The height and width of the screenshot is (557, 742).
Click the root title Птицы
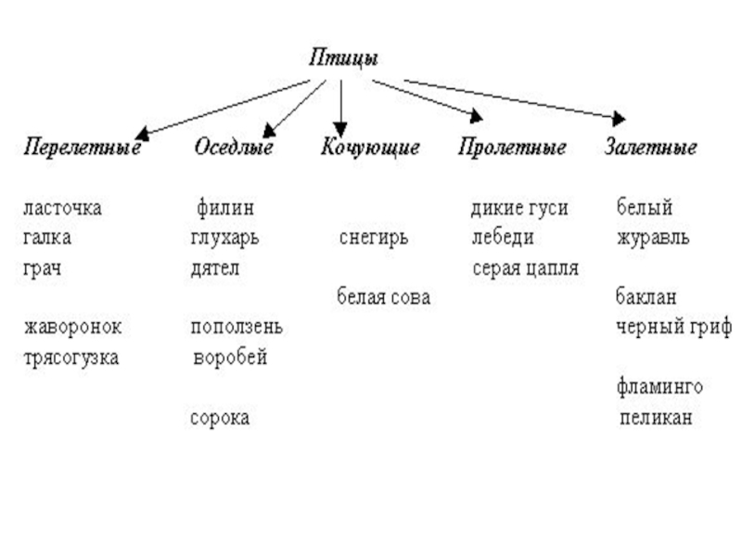(342, 58)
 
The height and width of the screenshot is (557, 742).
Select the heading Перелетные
(82, 148)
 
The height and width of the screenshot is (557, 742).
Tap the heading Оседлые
(234, 148)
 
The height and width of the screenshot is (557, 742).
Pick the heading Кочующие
(370, 148)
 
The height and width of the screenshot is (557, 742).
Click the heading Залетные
(651, 148)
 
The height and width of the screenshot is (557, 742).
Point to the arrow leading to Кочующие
(341, 104)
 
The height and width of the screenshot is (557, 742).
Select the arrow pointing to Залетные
(515, 100)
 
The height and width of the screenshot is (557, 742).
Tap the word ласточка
(62, 207)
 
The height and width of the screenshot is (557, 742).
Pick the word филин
(225, 207)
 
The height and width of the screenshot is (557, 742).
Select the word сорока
(220, 419)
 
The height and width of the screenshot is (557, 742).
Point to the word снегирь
(373, 238)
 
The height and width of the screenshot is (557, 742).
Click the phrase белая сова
(383, 298)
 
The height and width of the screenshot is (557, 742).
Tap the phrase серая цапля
(525, 268)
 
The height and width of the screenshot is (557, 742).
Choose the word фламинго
(659, 386)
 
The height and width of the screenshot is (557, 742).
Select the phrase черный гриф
(673, 328)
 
